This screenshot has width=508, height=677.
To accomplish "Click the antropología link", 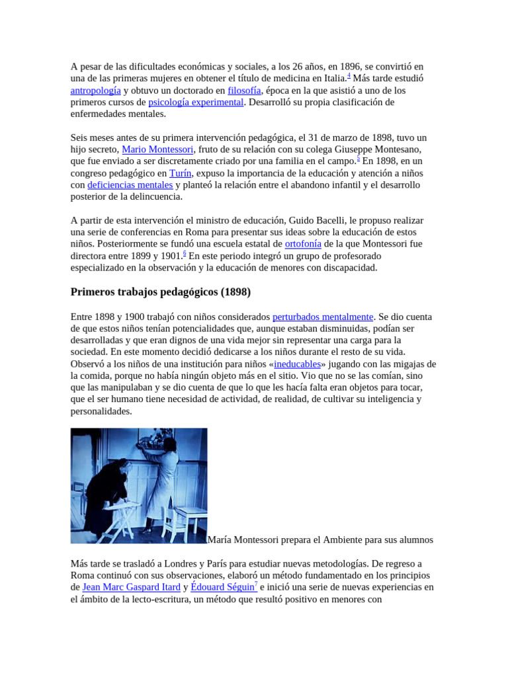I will coord(95,91).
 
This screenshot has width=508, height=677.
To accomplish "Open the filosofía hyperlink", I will coord(245,91).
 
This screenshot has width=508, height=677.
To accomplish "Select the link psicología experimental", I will coord(196,102).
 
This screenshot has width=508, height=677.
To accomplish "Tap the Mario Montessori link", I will coord(157,149).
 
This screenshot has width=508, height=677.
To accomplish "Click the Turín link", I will coord(181,173).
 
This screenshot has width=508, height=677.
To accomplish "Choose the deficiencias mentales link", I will coord(130,185).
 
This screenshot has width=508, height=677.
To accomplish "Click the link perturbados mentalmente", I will coord(323,317).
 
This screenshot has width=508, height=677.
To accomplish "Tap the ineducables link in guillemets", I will coord(297,364).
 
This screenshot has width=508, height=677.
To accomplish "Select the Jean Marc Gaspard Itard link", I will coord(131,587).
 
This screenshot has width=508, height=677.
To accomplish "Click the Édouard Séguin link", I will coord(222,587).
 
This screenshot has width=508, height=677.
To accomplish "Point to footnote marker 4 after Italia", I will coord(349,75).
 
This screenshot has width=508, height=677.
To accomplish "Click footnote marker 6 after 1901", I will coord(185,253).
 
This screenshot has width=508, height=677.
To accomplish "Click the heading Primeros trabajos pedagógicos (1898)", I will coord(161,292).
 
